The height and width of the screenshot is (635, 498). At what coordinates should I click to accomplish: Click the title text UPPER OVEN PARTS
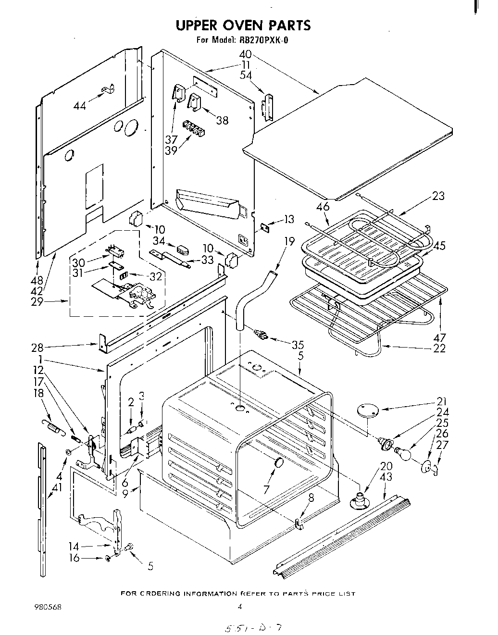pos(243,25)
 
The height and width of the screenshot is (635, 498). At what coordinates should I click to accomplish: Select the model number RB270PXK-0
pos(262,40)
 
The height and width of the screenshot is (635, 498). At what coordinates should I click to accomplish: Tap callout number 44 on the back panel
pos(80,105)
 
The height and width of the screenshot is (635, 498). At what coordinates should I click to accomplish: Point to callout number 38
pos(222,120)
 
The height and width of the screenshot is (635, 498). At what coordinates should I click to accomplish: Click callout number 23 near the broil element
pos(438,196)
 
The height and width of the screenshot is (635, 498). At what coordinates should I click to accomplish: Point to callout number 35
pos(298,344)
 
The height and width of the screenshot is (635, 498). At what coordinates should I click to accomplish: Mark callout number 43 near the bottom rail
pos(386,477)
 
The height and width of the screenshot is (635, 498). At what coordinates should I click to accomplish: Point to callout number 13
pos(289,220)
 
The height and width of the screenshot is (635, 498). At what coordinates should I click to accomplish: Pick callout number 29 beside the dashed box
pos(37,302)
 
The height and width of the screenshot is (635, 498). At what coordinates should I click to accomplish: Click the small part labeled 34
pos(183,249)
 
